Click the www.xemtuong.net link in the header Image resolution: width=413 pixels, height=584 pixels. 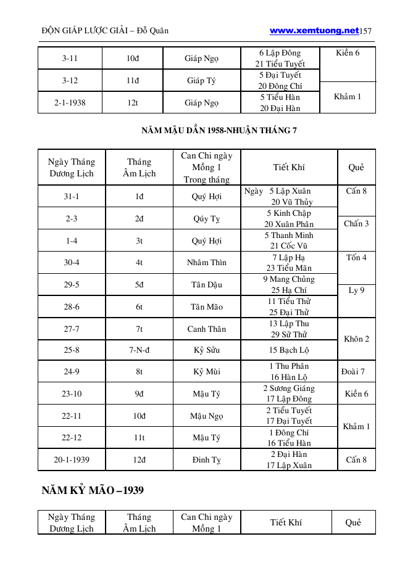pyautogui.click(x=314, y=30)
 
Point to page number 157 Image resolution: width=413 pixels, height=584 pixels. pyautogui.click(x=365, y=31)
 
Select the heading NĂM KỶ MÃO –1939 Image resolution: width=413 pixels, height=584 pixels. pyautogui.click(x=93, y=491)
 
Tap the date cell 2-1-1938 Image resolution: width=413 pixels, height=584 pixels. pyautogui.click(x=70, y=103)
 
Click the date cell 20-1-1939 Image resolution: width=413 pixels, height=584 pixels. pyautogui.click(x=72, y=460)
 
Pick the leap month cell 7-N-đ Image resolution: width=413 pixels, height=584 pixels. pyautogui.click(x=139, y=350)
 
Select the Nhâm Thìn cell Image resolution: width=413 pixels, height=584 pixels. pyautogui.click(x=206, y=263)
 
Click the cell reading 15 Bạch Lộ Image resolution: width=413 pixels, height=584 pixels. pyautogui.click(x=289, y=350)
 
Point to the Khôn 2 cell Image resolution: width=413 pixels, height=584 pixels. pyautogui.click(x=356, y=339)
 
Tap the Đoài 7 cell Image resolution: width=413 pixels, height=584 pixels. pyautogui.click(x=353, y=372)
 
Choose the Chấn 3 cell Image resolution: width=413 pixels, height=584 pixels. pyautogui.click(x=356, y=224)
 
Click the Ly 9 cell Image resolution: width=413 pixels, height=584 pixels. pyautogui.click(x=356, y=290)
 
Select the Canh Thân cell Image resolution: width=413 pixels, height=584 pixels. pyautogui.click(x=206, y=329)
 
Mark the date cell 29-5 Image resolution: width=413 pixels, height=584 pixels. pyautogui.click(x=72, y=285)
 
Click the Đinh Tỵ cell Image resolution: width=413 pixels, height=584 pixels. pyautogui.click(x=206, y=460)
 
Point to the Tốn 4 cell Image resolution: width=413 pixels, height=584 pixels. pyautogui.click(x=356, y=257)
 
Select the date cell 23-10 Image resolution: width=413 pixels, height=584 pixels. pyautogui.click(x=72, y=394)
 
